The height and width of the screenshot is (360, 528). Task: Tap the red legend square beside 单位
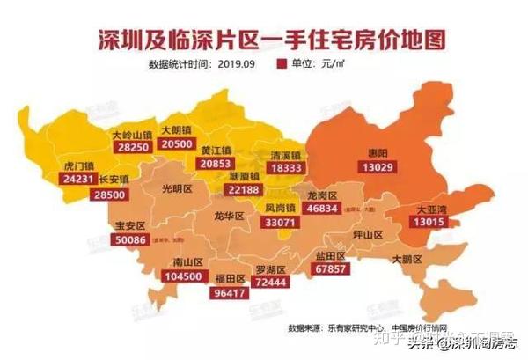(x=282, y=64)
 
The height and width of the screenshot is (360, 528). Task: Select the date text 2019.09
(x=239, y=64)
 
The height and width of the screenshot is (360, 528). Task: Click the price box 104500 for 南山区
(x=186, y=276)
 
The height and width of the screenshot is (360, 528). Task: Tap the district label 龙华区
(x=229, y=215)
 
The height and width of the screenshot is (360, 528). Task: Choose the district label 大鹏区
(x=407, y=260)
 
